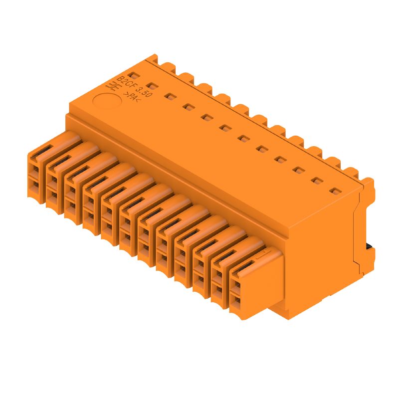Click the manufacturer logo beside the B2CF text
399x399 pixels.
pos(113,87)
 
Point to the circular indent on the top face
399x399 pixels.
pos(107,101)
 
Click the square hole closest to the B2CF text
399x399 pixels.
pos(134,76)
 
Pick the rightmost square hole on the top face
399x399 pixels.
pos(335,191)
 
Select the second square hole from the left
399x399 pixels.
pos(152,86)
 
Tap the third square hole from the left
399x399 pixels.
pos(171,97)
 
